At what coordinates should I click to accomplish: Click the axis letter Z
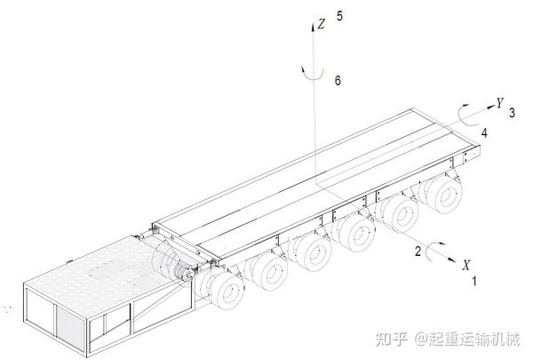pyautogui.click(x=322, y=27)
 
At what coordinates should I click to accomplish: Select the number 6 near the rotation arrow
pyautogui.click(x=337, y=80)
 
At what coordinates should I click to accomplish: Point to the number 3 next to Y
pyautogui.click(x=512, y=113)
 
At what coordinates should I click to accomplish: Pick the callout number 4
pyautogui.click(x=484, y=132)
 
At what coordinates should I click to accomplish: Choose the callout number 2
pyautogui.click(x=418, y=251)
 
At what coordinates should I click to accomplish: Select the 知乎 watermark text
pyautogui.click(x=391, y=339)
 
